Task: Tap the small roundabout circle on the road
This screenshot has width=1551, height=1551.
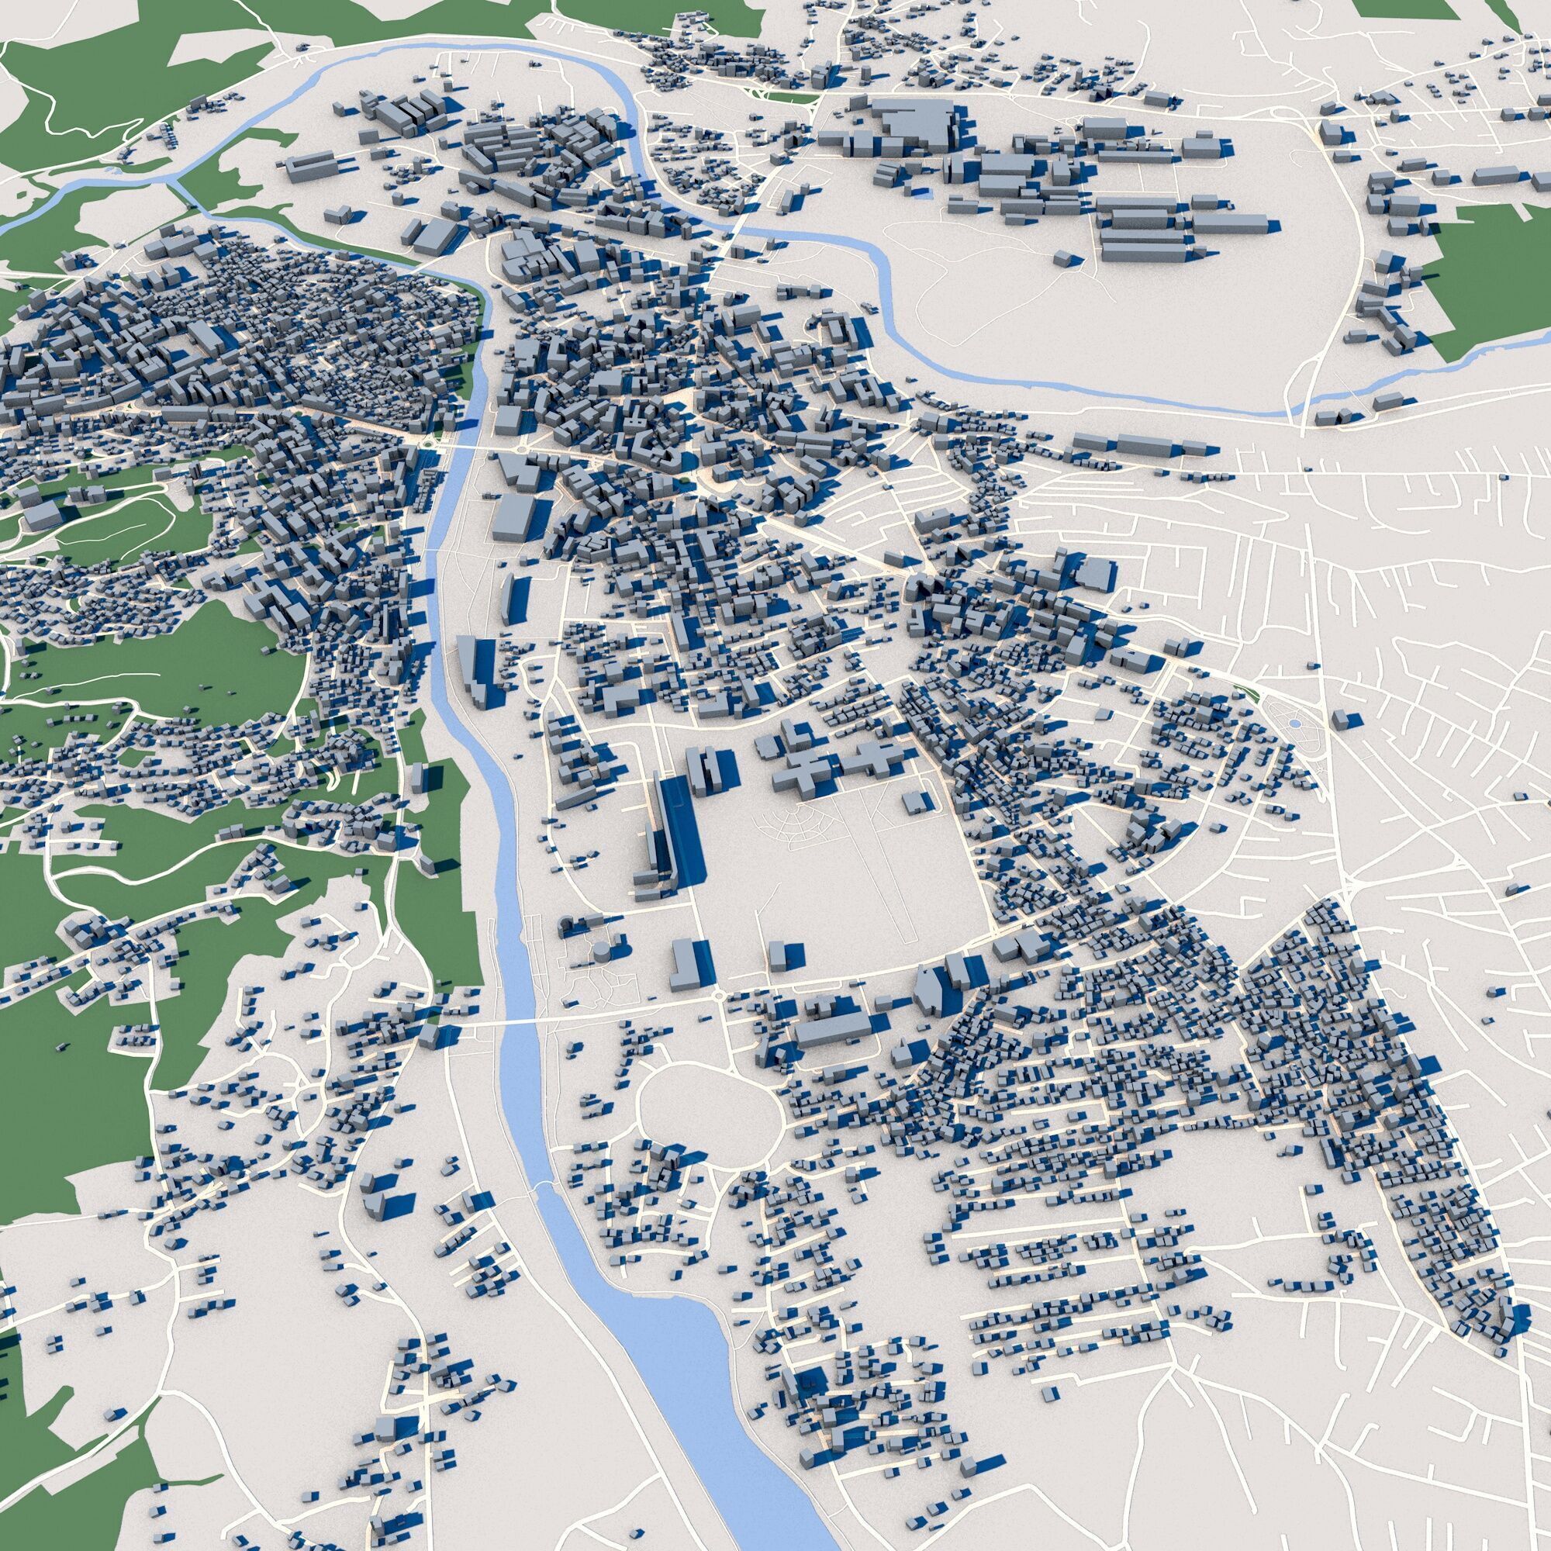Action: [x=717, y=996]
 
